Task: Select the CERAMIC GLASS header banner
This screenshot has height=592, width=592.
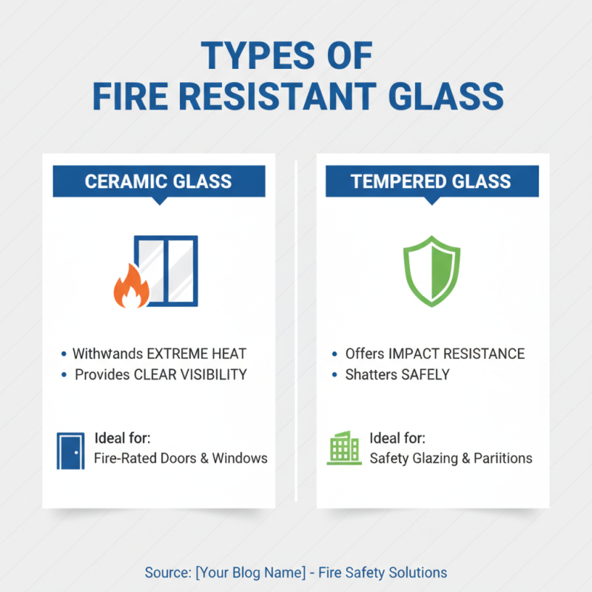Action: tap(158, 181)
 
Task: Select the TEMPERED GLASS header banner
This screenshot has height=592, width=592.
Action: tap(432, 181)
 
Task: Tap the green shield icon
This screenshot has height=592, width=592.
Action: tap(431, 271)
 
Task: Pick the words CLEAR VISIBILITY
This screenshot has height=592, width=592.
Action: tap(190, 374)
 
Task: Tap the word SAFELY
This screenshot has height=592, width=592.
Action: tap(425, 374)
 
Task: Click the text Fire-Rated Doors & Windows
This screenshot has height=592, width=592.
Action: tap(181, 458)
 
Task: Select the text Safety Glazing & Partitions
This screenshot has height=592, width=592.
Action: tap(451, 458)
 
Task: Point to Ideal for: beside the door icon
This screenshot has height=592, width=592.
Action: tap(123, 437)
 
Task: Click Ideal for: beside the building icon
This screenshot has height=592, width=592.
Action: tap(397, 437)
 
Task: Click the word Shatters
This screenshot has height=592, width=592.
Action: tap(371, 374)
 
